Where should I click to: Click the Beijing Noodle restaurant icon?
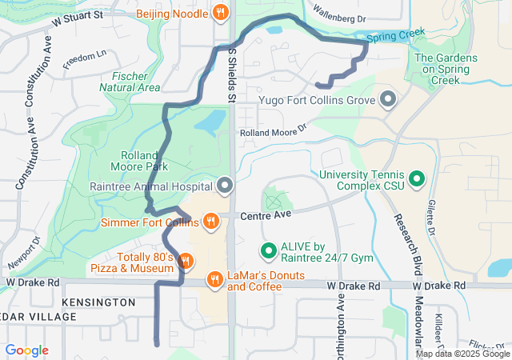[x=222, y=13]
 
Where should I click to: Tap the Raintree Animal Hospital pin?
[x=225, y=186]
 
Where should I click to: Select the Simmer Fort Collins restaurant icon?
[x=211, y=221]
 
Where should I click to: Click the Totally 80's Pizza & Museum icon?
[x=185, y=260]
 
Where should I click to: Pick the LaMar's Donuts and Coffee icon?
[x=214, y=279]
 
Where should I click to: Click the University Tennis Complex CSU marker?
[x=417, y=179]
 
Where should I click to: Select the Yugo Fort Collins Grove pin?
[x=389, y=100]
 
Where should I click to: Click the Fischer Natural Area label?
[x=130, y=82]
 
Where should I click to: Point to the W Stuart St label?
[x=78, y=15]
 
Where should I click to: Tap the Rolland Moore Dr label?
[x=273, y=130]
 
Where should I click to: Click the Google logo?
[x=26, y=350]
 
